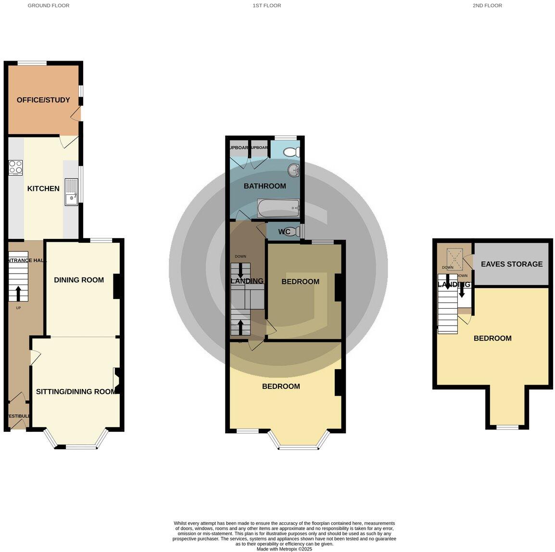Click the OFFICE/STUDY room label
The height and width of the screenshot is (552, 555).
[x=43, y=100]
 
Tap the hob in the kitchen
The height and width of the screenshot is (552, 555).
[x=15, y=167]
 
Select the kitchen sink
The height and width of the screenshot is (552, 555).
[x=71, y=192]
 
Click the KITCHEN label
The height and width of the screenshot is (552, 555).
[x=43, y=188]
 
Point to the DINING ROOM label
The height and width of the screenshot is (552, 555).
[x=79, y=280]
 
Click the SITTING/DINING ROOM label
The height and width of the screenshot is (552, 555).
[x=76, y=391]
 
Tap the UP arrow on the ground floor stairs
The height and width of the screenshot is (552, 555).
[x=19, y=293]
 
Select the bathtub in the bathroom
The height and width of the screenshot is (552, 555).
[x=278, y=208]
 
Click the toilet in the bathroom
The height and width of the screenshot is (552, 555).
[x=292, y=152]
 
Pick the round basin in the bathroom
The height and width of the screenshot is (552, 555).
[x=293, y=170]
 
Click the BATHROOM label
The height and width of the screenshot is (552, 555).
[x=265, y=186]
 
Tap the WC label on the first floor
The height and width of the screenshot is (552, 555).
[x=284, y=232]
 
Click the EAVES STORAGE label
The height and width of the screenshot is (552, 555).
[x=512, y=264]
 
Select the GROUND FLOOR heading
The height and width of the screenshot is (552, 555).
[x=49, y=6]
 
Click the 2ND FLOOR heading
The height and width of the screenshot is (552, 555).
[x=487, y=6]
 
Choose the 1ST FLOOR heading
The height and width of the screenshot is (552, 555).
[x=267, y=6]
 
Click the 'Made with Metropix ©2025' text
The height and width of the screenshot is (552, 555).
[x=284, y=549]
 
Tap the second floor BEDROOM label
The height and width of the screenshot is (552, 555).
[x=492, y=338]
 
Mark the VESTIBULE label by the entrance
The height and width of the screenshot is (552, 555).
[x=19, y=416]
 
